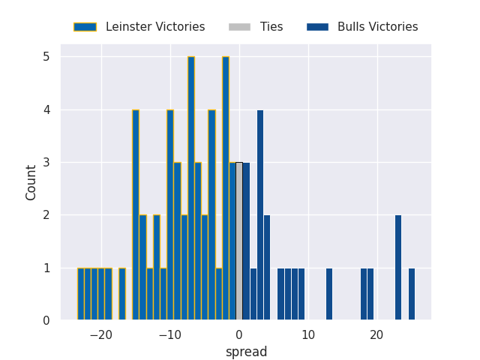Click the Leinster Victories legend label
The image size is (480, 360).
(155, 27)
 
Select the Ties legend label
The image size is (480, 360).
(271, 27)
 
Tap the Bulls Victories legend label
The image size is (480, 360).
(377, 27)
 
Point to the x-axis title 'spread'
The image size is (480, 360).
(246, 352)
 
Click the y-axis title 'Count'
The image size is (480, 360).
(31, 182)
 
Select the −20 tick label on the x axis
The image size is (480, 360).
(100, 335)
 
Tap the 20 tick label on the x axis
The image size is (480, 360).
(376, 335)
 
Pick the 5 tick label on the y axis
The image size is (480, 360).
(46, 57)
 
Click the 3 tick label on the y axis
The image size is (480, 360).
(46, 163)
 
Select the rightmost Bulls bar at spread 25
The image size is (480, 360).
(412, 294)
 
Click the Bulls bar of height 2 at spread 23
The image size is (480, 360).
(398, 268)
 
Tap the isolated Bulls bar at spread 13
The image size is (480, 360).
(329, 294)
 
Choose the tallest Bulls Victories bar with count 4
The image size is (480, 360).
(260, 215)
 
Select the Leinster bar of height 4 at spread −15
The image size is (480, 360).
(136, 215)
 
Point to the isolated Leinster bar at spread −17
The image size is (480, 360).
(122, 294)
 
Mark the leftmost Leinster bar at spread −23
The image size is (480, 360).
(81, 294)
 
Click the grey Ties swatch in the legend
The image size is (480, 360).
(239, 27)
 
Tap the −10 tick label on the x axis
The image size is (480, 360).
(169, 335)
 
